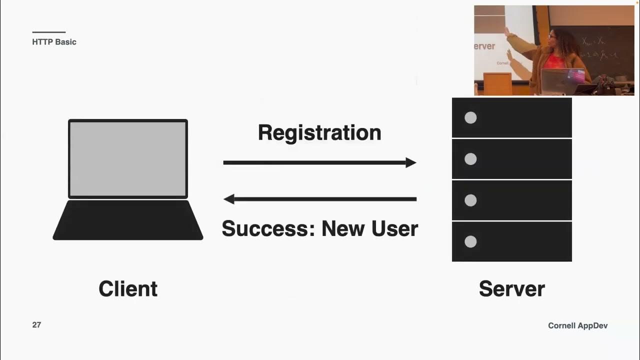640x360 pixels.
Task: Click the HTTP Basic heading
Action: (x=54, y=42)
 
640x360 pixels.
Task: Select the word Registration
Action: (x=319, y=133)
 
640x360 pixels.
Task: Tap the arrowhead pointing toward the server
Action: (x=411, y=162)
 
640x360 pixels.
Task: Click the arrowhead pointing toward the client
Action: (x=229, y=199)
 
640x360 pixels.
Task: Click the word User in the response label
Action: (x=394, y=228)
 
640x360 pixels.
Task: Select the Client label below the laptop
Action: (x=128, y=289)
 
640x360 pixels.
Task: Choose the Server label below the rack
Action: (x=511, y=289)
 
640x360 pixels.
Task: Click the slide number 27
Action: (x=36, y=325)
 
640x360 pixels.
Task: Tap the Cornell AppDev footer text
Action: (x=577, y=325)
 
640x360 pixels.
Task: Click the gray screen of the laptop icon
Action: (x=128, y=158)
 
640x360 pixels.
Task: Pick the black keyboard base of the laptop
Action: (x=128, y=220)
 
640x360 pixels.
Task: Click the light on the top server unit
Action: (x=470, y=117)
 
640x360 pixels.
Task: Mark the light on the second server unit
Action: (x=470, y=159)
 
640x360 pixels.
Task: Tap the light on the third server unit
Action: (x=470, y=200)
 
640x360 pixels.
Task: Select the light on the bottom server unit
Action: (x=470, y=242)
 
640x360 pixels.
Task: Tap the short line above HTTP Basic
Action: (x=48, y=32)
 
